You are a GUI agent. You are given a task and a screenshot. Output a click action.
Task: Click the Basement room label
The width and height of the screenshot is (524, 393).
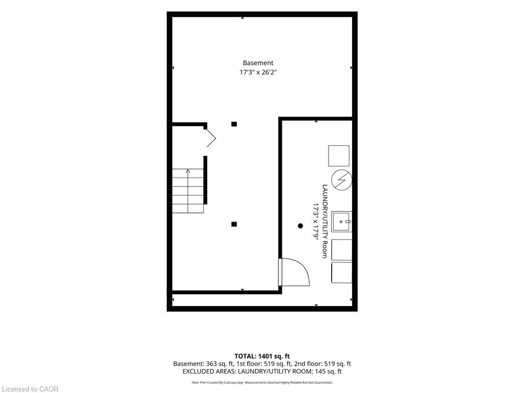[258, 63]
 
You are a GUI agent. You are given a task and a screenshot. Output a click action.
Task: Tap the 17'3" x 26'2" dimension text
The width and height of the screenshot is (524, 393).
[258, 72]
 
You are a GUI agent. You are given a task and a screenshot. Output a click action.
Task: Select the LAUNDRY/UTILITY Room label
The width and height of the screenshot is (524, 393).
[324, 221]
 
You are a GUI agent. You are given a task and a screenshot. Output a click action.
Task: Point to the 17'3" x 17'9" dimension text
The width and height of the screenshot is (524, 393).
[315, 221]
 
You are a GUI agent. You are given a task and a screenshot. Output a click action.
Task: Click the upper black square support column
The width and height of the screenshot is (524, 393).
[234, 124]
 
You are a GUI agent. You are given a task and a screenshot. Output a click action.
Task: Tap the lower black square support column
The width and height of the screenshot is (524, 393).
[234, 224]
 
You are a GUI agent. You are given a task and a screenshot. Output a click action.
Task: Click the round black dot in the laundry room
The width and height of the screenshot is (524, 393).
[300, 226]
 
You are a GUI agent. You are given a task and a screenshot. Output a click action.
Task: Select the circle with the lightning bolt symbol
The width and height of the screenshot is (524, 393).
[341, 180]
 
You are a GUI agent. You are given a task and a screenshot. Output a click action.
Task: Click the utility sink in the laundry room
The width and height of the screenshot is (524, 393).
[341, 222]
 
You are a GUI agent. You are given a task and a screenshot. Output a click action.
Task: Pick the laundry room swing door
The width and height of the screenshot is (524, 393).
[294, 272]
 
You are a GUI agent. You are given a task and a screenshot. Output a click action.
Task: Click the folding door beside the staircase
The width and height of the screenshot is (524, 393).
[209, 138]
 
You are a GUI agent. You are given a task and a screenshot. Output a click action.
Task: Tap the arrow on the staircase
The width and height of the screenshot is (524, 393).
[188, 191]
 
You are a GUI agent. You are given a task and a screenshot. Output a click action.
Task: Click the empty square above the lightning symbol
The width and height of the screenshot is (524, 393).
[339, 156]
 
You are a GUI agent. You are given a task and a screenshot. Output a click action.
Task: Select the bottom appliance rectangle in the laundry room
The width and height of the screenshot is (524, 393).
[341, 273]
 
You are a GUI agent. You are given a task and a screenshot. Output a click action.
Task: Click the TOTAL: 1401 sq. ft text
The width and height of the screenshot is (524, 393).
[262, 356]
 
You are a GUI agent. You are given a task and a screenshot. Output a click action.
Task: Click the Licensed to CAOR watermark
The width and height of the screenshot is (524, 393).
[30, 389]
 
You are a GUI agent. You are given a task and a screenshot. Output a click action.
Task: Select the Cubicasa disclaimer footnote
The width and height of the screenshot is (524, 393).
[262, 383]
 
